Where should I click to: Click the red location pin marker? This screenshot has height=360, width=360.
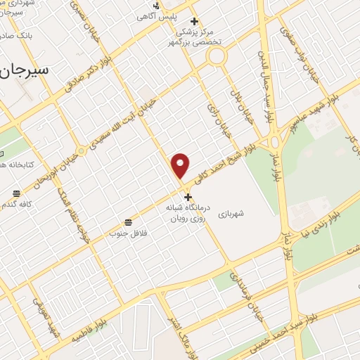pyautogui.click(x=181, y=165)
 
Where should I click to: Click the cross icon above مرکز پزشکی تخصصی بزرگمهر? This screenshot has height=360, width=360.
pyautogui.click(x=195, y=22)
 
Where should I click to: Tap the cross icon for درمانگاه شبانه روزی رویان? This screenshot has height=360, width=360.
pyautogui.click(x=187, y=197)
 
